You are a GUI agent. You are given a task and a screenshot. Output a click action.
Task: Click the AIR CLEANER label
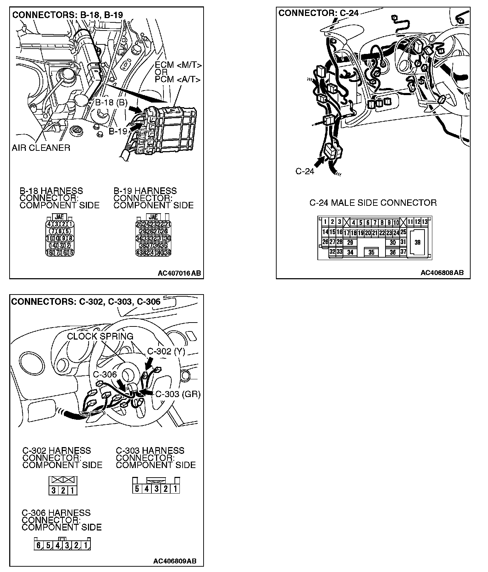(41, 148)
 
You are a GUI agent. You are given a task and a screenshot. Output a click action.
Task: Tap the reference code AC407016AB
(179, 273)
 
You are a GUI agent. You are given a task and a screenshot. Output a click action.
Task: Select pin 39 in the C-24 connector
(417, 242)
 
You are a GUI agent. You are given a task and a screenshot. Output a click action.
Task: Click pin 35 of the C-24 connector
(371, 252)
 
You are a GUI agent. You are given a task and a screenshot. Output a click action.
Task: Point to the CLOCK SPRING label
(100, 336)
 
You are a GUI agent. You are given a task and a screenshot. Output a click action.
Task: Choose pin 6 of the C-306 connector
(38, 545)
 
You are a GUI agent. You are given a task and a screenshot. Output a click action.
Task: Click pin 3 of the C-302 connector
(53, 491)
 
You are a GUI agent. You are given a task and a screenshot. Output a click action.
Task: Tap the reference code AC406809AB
(174, 561)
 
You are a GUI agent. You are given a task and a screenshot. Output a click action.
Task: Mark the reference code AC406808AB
(442, 273)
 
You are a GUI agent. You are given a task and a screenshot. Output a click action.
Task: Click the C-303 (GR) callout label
(178, 394)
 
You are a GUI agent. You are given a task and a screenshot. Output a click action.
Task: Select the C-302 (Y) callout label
(166, 351)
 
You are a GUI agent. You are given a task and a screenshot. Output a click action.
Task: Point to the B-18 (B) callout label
(111, 103)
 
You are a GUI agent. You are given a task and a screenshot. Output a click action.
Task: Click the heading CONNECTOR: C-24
(318, 13)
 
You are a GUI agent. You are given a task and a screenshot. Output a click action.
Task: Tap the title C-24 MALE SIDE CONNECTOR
(373, 203)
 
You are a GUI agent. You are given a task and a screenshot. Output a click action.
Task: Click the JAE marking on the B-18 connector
(59, 216)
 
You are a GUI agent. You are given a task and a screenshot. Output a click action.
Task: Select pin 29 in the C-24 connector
(350, 242)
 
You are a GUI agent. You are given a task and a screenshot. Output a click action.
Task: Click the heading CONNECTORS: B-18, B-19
(67, 15)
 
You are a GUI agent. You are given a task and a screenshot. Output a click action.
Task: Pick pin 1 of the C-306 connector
(86, 545)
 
